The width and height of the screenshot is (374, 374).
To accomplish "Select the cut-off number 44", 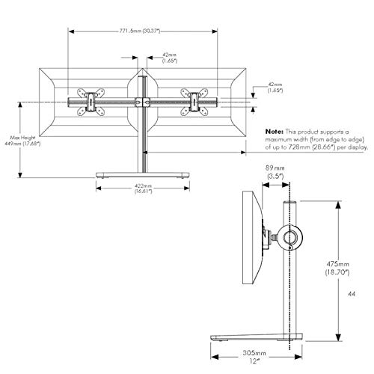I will (362, 295).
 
